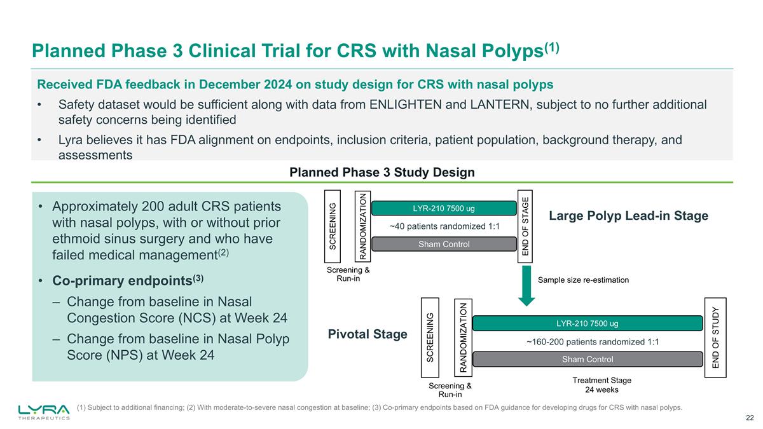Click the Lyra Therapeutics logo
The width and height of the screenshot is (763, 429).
[x=45, y=411]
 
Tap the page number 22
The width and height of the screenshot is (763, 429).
[x=750, y=417]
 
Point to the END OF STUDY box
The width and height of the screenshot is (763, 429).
[x=715, y=337]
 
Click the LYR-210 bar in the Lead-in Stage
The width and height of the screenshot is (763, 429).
[x=443, y=208]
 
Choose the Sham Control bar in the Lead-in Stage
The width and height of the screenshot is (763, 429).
[x=443, y=245]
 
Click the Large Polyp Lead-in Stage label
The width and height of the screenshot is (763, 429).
[x=628, y=216]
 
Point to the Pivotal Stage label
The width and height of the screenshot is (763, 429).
[x=367, y=334]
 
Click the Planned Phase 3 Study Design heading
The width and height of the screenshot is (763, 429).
[x=382, y=172]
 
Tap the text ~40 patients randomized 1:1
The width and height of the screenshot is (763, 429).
[x=444, y=227]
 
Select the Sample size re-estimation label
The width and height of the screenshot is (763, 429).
[x=583, y=280]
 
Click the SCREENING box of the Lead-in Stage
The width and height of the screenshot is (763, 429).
[x=333, y=226]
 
